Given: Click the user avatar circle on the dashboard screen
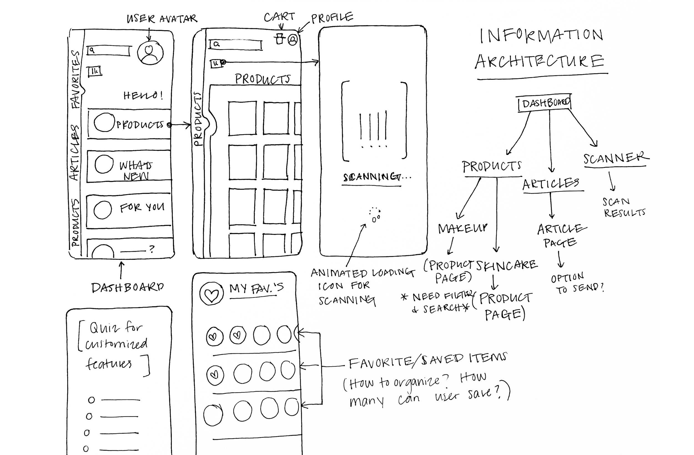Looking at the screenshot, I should (150, 53).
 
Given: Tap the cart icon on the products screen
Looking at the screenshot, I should (280, 39).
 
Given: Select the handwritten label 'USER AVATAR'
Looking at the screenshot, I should (162, 19).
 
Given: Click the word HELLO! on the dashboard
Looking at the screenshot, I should (143, 95).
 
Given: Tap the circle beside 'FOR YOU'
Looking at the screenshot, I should (103, 209).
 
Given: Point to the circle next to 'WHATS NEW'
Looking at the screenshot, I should (104, 164).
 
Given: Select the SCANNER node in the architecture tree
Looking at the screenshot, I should (615, 159).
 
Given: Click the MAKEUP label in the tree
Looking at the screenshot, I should (463, 228).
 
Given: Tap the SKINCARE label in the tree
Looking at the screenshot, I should (507, 265).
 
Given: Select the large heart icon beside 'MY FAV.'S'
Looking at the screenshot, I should (212, 294).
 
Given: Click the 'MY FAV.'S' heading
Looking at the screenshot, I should (256, 289).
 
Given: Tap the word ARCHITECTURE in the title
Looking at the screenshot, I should (539, 62).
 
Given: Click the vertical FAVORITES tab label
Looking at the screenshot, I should (76, 79).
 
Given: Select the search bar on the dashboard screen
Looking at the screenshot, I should (109, 51).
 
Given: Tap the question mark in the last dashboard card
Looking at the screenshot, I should (151, 249).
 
